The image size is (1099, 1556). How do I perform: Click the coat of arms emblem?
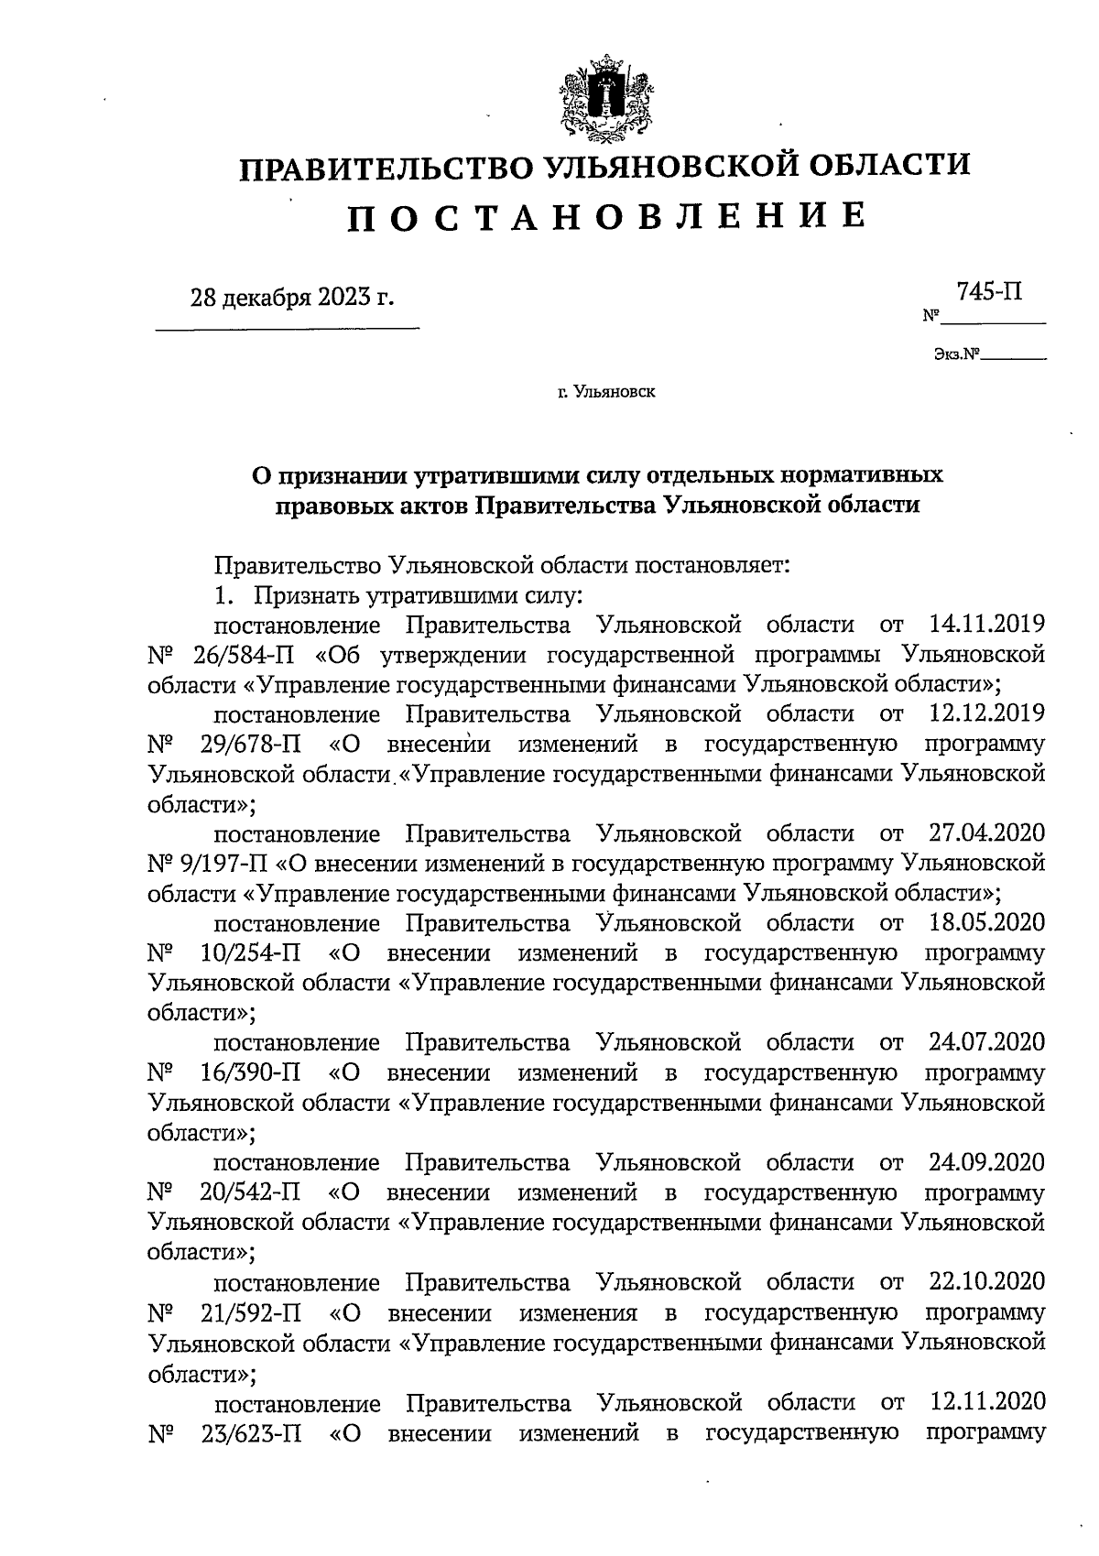click(605, 99)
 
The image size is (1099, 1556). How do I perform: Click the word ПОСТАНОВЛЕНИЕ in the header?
click(606, 215)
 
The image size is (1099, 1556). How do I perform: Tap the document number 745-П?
click(990, 293)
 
